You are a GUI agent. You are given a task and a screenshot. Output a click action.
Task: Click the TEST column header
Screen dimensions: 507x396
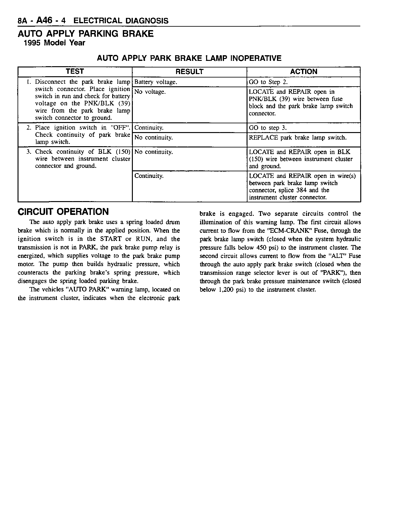[75, 72]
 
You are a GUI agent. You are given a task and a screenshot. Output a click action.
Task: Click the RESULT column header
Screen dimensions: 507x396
[189, 72]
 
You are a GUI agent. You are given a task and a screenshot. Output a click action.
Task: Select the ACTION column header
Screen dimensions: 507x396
[304, 72]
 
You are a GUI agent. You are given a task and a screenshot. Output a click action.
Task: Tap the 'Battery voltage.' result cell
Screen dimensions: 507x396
[156, 82]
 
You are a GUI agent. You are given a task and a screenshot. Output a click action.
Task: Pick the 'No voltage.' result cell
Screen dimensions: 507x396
[150, 92]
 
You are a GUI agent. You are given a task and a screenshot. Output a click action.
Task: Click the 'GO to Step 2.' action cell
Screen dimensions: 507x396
[268, 82]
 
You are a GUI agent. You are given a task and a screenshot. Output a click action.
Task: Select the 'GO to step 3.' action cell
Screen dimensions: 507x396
[268, 128]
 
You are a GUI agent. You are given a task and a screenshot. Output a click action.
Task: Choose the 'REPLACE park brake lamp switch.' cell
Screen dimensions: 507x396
[298, 138]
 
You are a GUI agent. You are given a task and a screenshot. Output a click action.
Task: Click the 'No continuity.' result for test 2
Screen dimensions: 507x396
[154, 138]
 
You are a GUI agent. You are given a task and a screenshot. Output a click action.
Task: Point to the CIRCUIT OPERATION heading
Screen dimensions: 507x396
[63, 212]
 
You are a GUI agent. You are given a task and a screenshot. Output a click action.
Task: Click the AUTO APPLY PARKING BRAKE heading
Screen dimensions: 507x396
[86, 34]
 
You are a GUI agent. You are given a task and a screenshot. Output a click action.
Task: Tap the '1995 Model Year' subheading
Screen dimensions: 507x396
[55, 43]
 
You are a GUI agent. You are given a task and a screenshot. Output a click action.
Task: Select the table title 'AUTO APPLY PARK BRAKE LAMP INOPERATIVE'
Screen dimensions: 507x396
[189, 58]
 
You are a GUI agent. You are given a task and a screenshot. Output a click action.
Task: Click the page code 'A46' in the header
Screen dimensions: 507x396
[44, 21]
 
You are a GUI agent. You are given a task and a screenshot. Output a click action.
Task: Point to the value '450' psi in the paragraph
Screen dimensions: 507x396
[261, 248]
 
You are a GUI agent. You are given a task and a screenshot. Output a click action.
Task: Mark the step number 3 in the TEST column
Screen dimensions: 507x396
[29, 152]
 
